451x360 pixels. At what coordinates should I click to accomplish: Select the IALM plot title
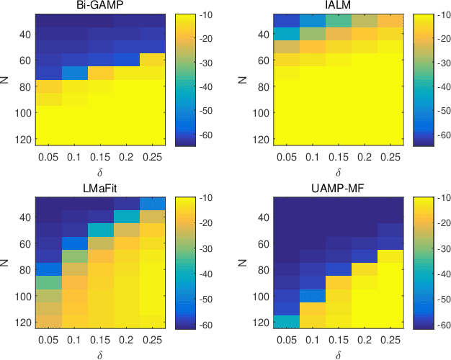click(x=331, y=6)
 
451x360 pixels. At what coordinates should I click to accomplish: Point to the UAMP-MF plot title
click(x=331, y=189)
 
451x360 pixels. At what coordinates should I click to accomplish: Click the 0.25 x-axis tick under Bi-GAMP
click(x=153, y=156)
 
